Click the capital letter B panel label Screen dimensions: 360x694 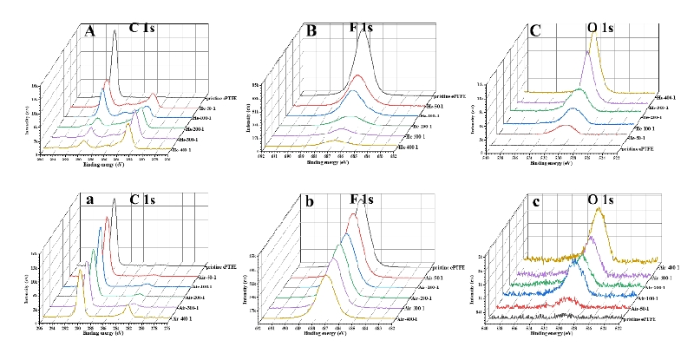click(x=311, y=32)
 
